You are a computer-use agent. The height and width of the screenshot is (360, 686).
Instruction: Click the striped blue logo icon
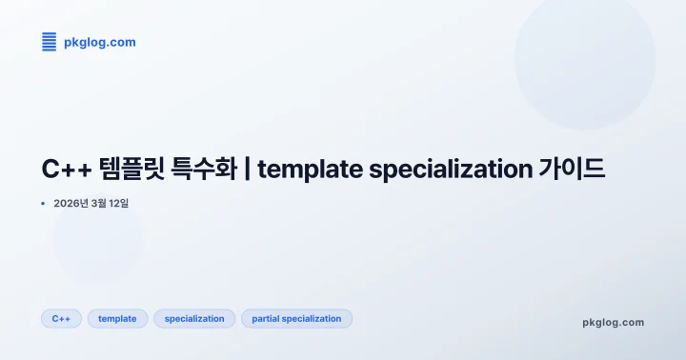click(50, 42)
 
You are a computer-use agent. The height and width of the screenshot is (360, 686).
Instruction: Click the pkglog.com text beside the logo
click(100, 42)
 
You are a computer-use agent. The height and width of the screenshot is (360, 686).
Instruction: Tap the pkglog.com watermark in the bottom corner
click(613, 322)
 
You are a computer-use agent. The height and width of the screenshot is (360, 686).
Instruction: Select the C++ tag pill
click(61, 319)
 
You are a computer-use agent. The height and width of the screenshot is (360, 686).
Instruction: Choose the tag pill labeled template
click(117, 319)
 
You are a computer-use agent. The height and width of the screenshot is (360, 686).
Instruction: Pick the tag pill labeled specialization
click(194, 319)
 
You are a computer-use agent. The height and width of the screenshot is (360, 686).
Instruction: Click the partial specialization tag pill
click(296, 319)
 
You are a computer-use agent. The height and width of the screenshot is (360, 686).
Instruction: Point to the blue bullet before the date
click(43, 203)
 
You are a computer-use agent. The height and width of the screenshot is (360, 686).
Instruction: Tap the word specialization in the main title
click(449, 170)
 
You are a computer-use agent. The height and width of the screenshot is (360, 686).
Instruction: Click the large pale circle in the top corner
click(584, 59)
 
